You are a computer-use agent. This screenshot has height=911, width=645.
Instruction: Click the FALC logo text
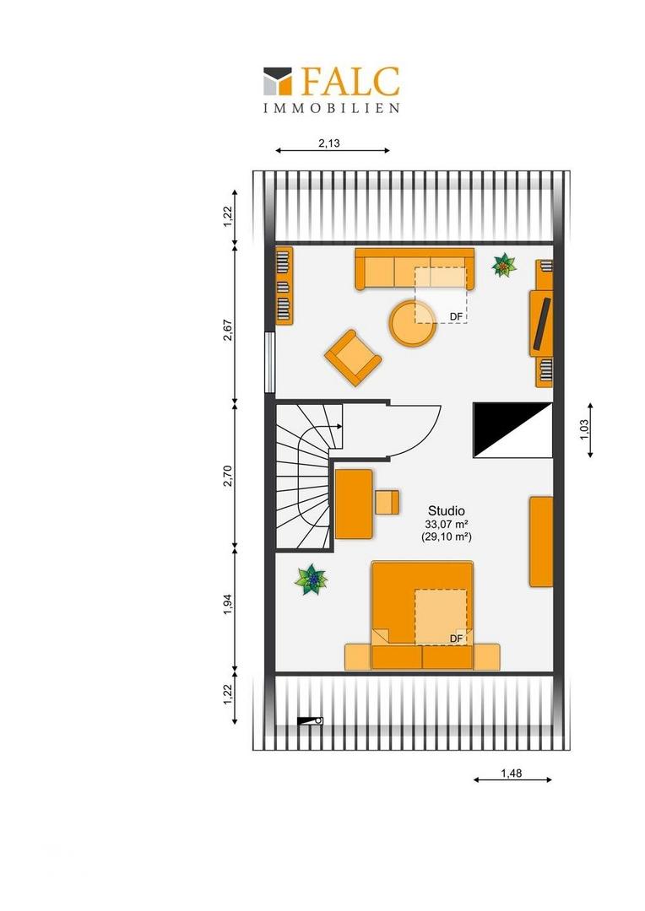click(x=350, y=81)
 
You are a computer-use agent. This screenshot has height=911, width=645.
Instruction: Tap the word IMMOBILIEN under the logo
click(x=332, y=108)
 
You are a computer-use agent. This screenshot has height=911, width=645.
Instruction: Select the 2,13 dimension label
click(x=329, y=143)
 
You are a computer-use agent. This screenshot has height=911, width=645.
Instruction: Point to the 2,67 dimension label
click(x=228, y=330)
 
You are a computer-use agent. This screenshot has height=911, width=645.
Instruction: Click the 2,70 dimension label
click(x=228, y=476)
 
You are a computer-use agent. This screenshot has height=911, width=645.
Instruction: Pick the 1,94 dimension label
click(x=228, y=604)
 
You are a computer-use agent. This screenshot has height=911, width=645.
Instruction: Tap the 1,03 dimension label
click(x=584, y=430)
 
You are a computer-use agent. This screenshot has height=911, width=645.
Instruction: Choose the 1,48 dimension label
click(x=512, y=774)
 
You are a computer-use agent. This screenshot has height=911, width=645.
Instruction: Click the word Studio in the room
click(x=446, y=510)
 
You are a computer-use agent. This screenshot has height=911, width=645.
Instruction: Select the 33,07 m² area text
click(x=446, y=524)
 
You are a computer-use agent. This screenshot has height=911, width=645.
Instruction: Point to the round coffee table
click(x=413, y=324)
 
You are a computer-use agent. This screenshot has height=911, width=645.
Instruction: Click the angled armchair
click(x=353, y=358)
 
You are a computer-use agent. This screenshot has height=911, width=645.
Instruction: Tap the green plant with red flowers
click(x=504, y=266)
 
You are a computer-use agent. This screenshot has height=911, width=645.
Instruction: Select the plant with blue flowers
click(x=312, y=579)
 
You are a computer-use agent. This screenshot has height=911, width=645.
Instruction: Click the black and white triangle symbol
click(x=512, y=430)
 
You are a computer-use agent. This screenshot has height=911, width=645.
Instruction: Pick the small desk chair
click(x=388, y=503)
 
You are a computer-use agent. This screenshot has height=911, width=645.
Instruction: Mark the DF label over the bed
click(x=457, y=639)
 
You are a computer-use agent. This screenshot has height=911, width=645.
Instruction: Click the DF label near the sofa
click(x=457, y=316)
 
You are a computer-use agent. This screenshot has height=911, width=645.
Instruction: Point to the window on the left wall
click(x=269, y=362)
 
